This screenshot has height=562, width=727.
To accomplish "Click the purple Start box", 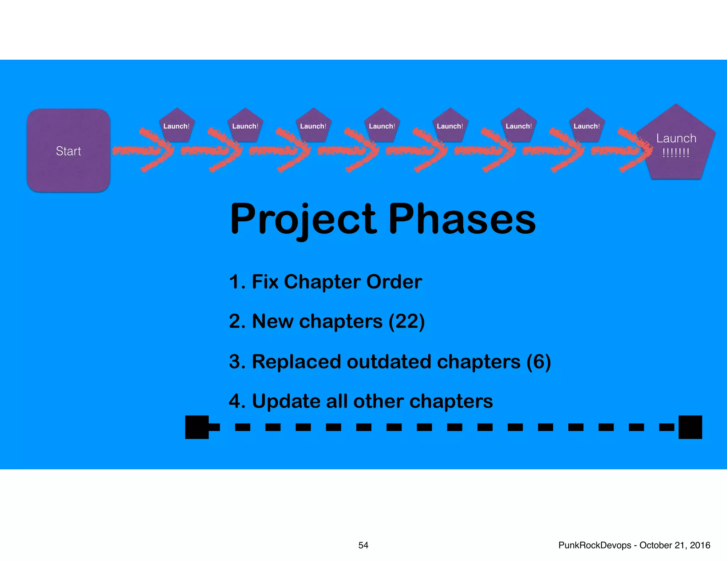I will (x=69, y=151).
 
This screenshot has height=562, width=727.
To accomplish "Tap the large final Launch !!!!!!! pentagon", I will (x=676, y=146).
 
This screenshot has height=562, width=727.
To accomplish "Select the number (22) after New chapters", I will (x=406, y=321).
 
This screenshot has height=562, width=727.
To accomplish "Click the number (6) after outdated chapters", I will (x=539, y=362).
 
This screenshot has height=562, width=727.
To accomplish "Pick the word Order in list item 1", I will (x=394, y=282).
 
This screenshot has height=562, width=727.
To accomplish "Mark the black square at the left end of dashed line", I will (x=197, y=427).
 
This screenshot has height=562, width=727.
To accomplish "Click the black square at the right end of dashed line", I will (x=690, y=427).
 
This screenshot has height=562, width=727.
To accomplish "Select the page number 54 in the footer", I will (x=363, y=545).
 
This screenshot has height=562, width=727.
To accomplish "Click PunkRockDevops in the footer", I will (x=595, y=545).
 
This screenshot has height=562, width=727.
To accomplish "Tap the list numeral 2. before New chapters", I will (x=237, y=321).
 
